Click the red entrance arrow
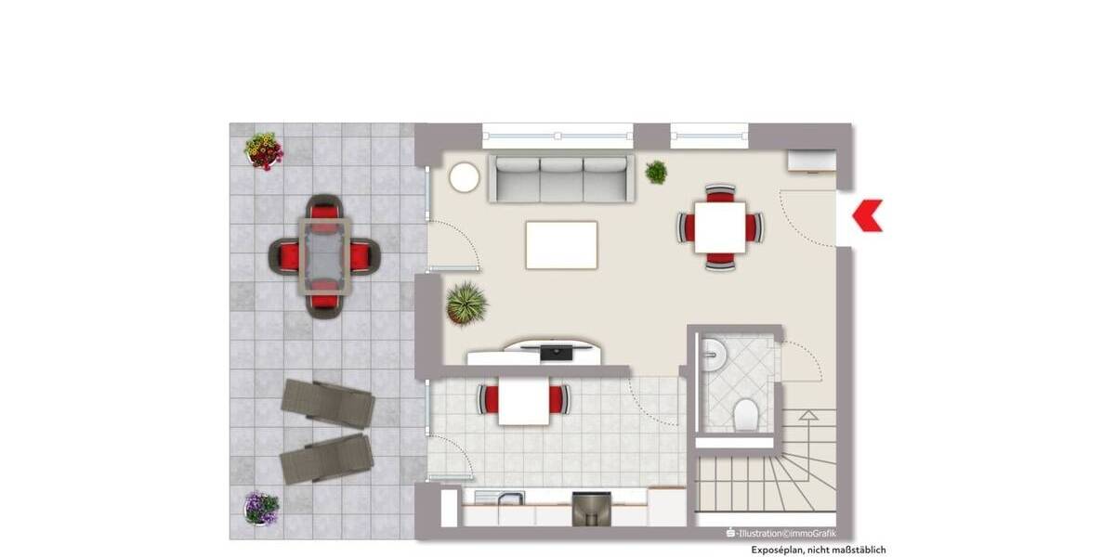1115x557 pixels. point(868,215)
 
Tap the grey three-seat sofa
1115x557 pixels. point(562,178)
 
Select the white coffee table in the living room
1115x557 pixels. point(561,245)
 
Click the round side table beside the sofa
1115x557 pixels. point(465,177)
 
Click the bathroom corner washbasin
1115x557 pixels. point(714,351)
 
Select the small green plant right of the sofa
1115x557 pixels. point(656,172)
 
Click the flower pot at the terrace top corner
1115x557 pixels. point(264,150)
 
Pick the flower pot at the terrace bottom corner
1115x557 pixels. point(261,507)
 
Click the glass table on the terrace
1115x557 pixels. point(324,254)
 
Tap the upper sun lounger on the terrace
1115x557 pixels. point(328,403)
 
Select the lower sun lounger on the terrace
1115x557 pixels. point(326,457)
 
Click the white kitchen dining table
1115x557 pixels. point(523,401)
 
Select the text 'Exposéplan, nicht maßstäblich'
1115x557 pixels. point(819,550)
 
